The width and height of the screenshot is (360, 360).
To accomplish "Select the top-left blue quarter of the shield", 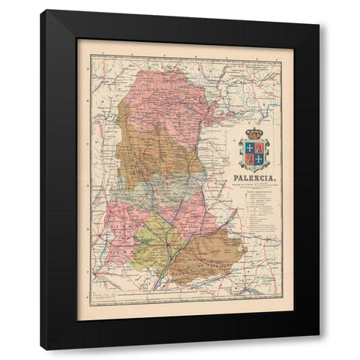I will [247, 148].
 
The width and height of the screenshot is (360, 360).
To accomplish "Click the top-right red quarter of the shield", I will [257, 148].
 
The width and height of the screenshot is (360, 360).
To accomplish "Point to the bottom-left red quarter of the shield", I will [247, 159].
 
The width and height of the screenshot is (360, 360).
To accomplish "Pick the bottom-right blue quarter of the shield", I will [257, 159].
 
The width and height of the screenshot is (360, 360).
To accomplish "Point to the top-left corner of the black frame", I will [42, 11].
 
